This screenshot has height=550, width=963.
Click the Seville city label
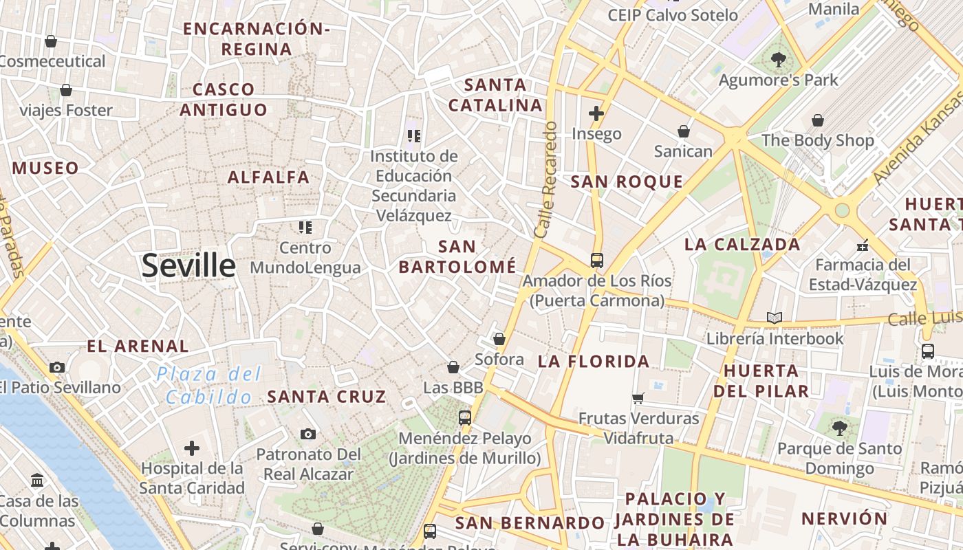(188, 265)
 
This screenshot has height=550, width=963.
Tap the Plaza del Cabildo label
(209, 386)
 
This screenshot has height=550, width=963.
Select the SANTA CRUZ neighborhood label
(327, 397)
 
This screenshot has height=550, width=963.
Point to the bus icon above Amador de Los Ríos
(596, 261)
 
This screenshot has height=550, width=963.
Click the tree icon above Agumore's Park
(779, 60)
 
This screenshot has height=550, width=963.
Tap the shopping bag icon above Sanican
(683, 131)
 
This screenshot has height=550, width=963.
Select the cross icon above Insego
(596, 113)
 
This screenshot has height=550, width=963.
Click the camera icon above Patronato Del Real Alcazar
(308, 434)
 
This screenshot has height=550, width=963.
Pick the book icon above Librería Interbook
(775, 318)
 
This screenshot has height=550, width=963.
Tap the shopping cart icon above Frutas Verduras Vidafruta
(638, 398)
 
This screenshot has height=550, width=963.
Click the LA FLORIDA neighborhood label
(594, 362)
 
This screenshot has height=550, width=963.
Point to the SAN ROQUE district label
(627, 182)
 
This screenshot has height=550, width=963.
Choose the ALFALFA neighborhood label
(269, 177)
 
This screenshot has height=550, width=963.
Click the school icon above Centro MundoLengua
(305, 227)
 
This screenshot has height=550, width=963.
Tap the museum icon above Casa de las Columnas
(38, 480)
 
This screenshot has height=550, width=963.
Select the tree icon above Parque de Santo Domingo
(839, 428)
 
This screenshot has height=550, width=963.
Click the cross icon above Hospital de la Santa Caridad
(192, 449)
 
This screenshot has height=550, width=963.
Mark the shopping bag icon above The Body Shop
(817, 120)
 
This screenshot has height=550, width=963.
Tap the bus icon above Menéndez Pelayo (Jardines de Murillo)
(465, 417)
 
